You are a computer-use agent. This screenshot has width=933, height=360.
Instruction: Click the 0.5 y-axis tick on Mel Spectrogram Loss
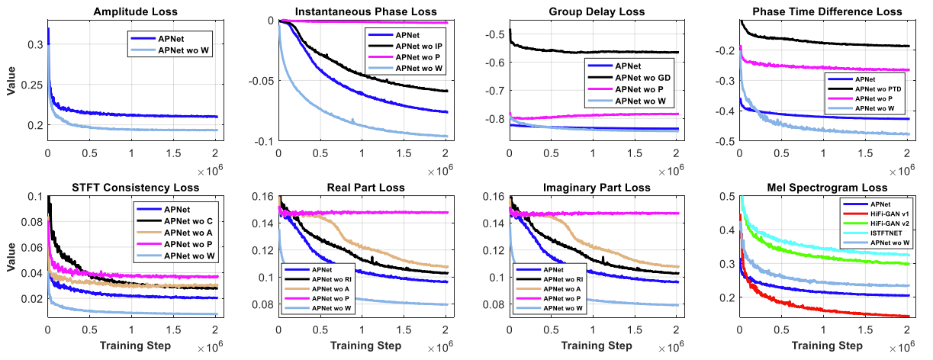pos(726,197)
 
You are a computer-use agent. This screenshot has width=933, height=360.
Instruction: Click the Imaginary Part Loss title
pos(590,188)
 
